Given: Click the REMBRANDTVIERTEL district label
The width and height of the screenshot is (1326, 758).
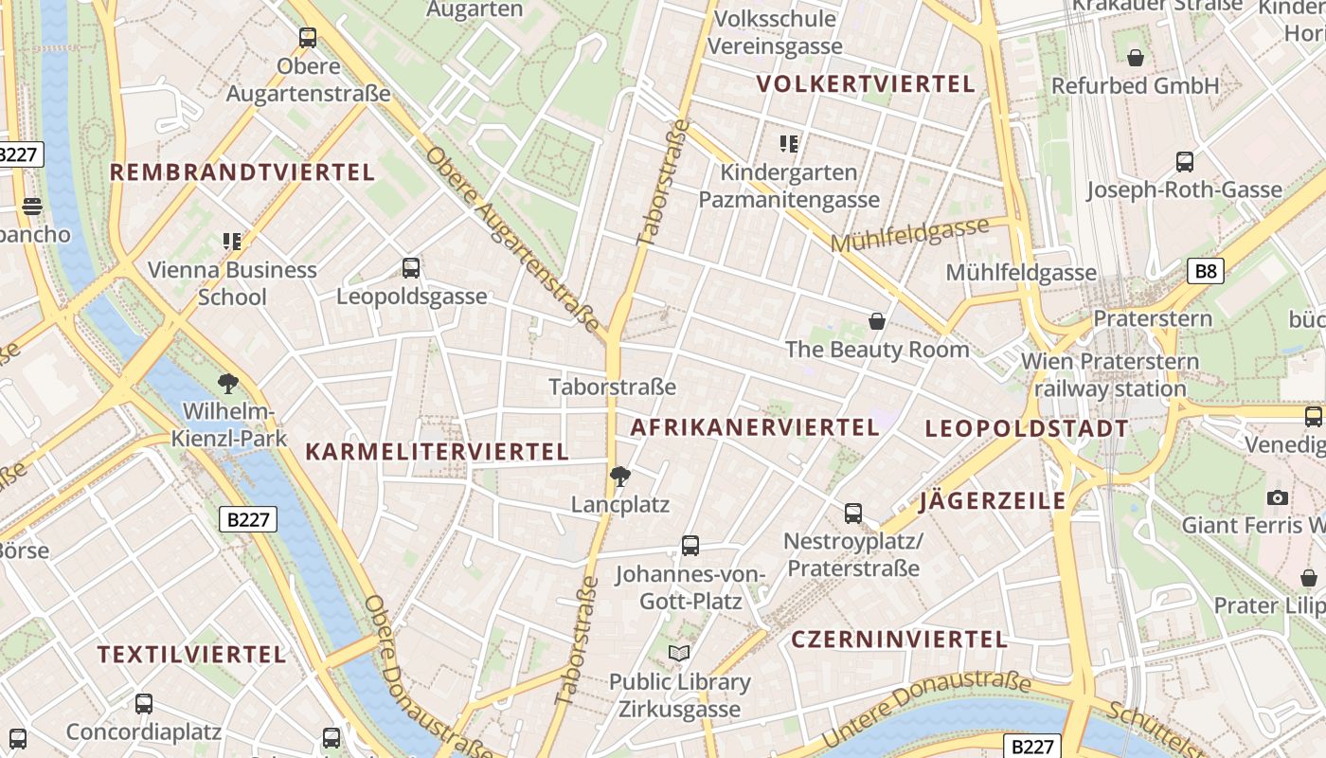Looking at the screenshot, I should coord(242,172).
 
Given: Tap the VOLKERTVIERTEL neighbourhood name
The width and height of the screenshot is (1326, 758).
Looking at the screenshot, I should coord(866,83).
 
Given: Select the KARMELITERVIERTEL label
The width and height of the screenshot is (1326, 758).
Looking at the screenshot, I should coord(437,452).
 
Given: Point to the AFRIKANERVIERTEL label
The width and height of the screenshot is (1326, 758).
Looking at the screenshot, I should coord(755,427).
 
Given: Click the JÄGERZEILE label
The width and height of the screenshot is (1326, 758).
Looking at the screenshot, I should coord(993,500).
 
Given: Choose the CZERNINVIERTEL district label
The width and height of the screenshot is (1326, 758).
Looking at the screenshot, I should coord(899,639).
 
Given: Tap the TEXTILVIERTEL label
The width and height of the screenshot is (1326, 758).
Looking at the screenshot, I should coord(191,654).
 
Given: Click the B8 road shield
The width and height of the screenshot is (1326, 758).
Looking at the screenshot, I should coord(1206,272).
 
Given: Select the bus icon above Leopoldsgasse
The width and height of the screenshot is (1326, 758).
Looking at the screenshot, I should coord(411,268).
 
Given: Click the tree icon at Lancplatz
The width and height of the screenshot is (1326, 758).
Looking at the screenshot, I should coord(619,476).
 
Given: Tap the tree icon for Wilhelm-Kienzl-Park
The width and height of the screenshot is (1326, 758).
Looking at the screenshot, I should coord(227,384).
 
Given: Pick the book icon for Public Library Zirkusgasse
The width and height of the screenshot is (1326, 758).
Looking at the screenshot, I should coord(679,653).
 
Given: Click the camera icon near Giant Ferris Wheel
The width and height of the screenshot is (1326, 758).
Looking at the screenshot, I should coord(1277,497).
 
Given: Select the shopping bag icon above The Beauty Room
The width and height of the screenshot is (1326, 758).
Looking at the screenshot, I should coord(877,321).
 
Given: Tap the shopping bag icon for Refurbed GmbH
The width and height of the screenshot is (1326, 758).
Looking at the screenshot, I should coord(1136,58).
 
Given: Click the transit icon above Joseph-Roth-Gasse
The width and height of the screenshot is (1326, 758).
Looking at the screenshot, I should coord(1184,161).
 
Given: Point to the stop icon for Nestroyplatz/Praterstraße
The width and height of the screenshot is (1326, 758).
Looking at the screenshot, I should coord(853,514).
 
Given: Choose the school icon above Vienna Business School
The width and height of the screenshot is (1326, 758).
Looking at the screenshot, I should coord(232,242).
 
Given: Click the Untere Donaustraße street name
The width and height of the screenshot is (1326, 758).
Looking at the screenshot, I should coord(925,709).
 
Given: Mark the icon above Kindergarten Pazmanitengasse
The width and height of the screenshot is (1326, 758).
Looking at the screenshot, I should coord(789,144).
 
